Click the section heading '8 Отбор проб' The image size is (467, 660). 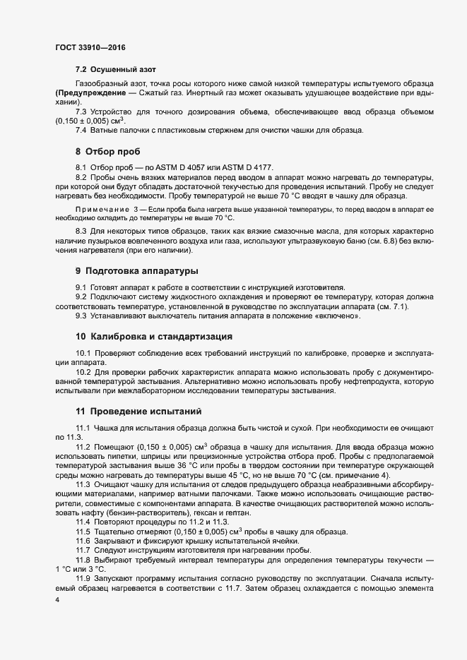[108, 152]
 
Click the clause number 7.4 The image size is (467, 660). [81, 131]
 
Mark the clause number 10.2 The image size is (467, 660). [83, 371]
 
